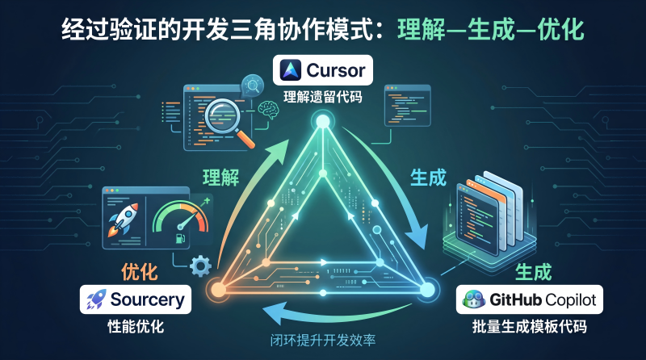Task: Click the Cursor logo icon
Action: pos(291,70)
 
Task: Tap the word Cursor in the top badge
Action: pos(336,70)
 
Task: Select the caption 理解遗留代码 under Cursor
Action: pos(322,97)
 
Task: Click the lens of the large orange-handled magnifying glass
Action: pos(223,115)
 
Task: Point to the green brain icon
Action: pos(268,109)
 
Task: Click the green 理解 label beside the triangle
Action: pos(220,177)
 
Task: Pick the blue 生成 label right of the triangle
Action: pos(429,178)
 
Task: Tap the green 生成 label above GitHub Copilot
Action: pos(534,272)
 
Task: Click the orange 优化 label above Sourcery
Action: pos(139,272)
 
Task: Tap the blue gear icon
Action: pos(200,266)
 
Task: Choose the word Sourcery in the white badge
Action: pos(147,300)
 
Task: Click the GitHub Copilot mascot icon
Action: pos(474,299)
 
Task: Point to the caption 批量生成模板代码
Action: pos(530,327)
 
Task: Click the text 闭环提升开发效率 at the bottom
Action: pos(322,341)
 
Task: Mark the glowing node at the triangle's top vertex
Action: pos(322,122)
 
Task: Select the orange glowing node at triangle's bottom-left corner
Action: pos(218,289)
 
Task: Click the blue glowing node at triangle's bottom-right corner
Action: pos(427,288)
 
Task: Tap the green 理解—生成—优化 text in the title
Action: pos(491,30)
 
